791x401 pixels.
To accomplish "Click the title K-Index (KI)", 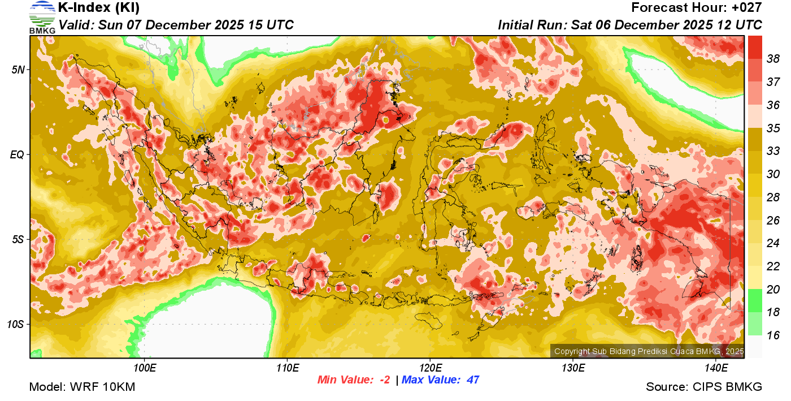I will [x=99, y=8].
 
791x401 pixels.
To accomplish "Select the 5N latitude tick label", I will [x=19, y=70].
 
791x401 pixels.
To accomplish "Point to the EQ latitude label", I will [x=18, y=154].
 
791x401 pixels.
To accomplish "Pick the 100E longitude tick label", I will [x=145, y=368].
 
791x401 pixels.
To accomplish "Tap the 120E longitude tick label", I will [x=430, y=368].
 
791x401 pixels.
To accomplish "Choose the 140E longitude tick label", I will [x=716, y=368].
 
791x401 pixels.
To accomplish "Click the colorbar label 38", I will [x=773, y=58].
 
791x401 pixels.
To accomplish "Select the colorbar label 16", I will [x=773, y=335].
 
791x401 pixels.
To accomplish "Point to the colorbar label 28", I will [x=773, y=197].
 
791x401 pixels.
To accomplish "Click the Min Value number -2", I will [x=384, y=380].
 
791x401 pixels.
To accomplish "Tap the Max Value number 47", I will [x=473, y=380].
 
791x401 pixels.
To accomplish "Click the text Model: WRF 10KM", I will [x=82, y=387].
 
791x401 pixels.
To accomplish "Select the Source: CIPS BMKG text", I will [x=704, y=387].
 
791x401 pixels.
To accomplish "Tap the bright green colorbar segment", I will [x=755, y=300].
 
